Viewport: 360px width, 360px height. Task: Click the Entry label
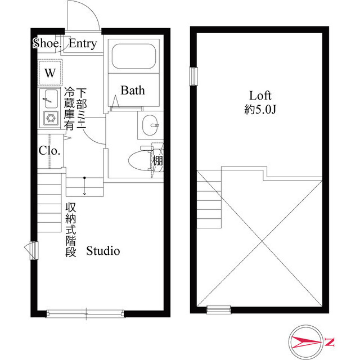(83, 44)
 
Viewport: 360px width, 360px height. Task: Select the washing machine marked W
(50, 73)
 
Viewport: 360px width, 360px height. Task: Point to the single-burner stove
(50, 118)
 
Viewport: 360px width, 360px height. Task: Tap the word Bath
(133, 90)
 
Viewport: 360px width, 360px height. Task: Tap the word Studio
(103, 251)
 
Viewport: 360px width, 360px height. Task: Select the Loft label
(260, 95)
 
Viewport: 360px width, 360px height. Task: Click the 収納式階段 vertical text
(70, 230)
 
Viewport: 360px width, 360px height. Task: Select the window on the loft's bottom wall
(218, 308)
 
